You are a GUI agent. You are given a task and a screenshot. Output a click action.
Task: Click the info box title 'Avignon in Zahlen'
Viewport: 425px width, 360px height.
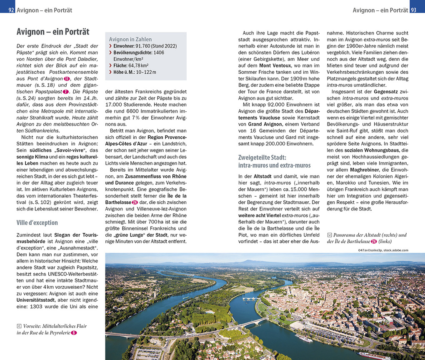pyautogui.click(x=130, y=39)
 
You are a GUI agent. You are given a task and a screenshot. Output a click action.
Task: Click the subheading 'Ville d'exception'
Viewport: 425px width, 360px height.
pyautogui.click(x=37, y=222)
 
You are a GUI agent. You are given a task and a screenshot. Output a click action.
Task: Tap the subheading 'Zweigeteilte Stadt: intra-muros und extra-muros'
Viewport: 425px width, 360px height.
pyautogui.click(x=274, y=161)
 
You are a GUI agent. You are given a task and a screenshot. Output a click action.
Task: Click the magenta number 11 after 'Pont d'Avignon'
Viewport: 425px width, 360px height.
pyautogui.click(x=67, y=79)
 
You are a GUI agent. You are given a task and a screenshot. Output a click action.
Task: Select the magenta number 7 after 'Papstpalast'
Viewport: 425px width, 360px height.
pyautogui.click(x=65, y=92)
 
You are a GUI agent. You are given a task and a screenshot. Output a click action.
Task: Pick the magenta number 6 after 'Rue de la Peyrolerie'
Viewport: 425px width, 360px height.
pyautogui.click(x=74, y=332)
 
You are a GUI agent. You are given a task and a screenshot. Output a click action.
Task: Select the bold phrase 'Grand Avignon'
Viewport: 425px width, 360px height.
pyautogui.click(x=266, y=124)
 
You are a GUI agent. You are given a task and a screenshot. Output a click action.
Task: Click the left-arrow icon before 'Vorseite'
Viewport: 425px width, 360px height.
pyautogui.click(x=19, y=326)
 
